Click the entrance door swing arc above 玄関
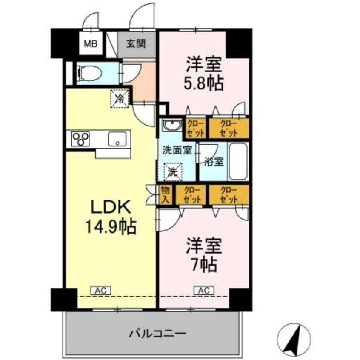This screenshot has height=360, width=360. tap(143, 17)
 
